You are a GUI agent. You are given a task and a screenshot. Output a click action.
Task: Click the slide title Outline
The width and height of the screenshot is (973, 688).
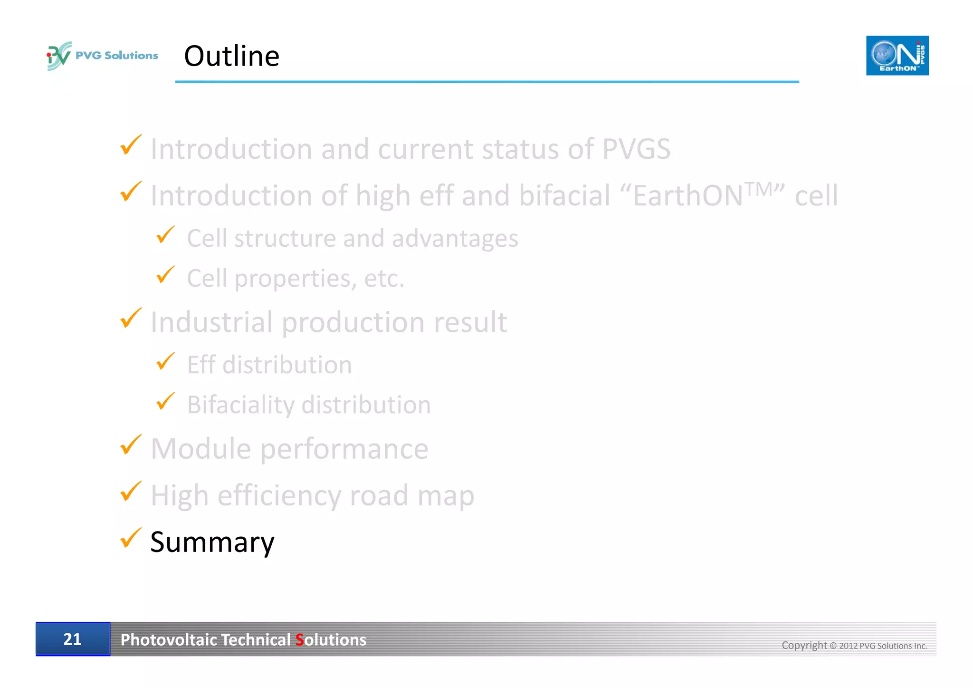pos(231,56)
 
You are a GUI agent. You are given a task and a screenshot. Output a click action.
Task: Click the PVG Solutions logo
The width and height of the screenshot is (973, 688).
pos(102,56)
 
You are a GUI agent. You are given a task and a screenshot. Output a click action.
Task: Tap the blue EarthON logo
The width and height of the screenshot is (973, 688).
pos(897,56)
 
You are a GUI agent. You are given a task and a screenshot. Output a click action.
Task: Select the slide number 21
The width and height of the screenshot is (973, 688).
pos(72,639)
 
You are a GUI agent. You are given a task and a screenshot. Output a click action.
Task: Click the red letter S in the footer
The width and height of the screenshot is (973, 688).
pos(299,640)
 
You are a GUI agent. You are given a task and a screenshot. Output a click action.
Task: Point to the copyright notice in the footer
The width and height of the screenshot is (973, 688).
pos(854,645)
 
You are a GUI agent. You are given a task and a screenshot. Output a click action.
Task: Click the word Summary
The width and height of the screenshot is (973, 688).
pos(212,542)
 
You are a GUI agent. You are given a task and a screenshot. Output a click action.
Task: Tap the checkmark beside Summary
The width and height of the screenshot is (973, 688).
pos(130,538)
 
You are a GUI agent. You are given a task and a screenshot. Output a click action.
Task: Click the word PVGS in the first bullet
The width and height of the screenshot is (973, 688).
pos(636,149)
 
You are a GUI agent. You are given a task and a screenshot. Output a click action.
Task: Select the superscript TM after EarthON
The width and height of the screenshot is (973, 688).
pos(759,189)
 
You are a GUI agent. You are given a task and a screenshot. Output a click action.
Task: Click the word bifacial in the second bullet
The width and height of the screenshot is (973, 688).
pos(564,195)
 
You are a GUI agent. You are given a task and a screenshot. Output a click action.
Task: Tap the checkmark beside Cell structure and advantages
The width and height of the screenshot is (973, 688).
pos(165,235)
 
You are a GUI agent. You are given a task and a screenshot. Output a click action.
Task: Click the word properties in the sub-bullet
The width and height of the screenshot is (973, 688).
pos(295,279)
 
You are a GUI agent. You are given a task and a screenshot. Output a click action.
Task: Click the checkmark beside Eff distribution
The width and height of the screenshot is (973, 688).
pos(165,362)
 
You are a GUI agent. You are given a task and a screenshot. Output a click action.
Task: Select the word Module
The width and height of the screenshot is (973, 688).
pos(200,448)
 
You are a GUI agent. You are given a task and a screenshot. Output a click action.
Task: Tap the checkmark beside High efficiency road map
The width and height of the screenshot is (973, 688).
pos(130,492)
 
